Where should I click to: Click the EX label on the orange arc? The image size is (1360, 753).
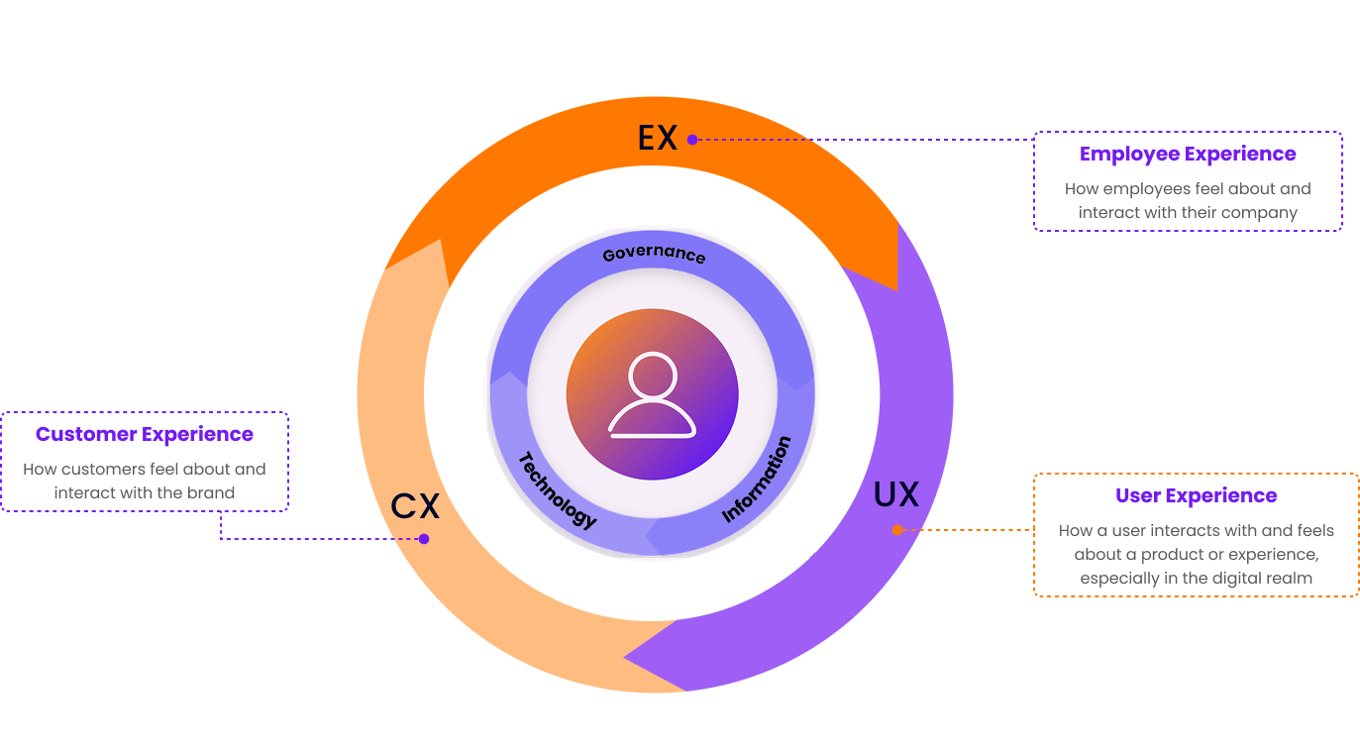coord(658,138)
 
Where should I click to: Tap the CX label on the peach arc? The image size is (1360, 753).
coord(415,506)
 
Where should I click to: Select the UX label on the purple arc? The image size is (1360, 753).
coord(896,494)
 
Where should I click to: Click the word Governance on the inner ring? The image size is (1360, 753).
coord(654,254)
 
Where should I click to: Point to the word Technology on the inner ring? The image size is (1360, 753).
coord(558,489)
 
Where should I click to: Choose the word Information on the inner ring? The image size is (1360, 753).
coord(757,479)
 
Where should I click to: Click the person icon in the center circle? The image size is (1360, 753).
coord(652,395)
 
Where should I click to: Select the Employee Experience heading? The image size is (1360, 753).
coord(1188,155)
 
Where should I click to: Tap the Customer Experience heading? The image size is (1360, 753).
coord(145,434)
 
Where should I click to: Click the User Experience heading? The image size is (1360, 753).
coord(1196,495)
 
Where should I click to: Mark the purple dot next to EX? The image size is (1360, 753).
coord(692,140)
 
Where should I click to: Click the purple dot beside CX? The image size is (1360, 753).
coord(424,539)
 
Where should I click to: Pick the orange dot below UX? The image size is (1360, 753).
coord(897,530)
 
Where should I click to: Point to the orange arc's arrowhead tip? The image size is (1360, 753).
coord(896,289)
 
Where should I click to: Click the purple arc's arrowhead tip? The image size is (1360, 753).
coord(624,657)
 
